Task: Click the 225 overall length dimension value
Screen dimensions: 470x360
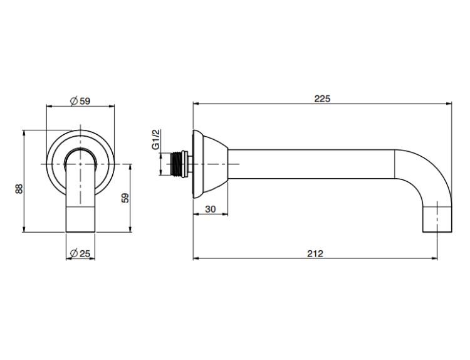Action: click(322, 98)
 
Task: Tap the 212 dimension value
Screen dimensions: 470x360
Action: click(315, 254)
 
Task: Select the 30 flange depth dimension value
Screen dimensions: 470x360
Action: click(211, 209)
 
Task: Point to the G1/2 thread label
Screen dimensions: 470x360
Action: click(156, 139)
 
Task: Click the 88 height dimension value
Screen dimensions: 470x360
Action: click(19, 189)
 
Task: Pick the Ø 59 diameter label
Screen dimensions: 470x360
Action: click(80, 101)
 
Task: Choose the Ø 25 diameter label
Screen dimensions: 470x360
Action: click(80, 253)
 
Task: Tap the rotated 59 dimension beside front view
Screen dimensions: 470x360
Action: click(125, 198)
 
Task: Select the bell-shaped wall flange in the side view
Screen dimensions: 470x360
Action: click(210, 164)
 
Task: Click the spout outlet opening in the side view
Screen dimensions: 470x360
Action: click(437, 231)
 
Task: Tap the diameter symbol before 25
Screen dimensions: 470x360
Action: click(74, 253)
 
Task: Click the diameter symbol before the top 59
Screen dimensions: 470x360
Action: click(74, 101)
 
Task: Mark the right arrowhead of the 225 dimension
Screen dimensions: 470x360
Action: click(449, 104)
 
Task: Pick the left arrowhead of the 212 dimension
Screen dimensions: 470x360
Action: click(196, 258)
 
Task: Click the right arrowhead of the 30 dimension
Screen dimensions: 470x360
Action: click(225, 214)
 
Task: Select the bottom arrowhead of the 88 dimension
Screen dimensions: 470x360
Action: click(23, 229)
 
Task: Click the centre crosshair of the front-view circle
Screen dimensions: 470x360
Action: click(80, 164)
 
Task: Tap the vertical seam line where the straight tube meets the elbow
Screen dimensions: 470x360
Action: click(394, 164)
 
